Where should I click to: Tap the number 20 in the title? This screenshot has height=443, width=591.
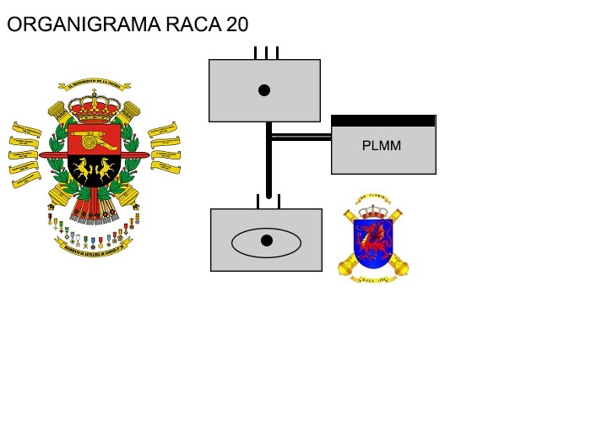(237, 24)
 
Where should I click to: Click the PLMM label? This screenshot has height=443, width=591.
(382, 145)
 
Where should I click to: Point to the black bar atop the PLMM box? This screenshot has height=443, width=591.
(383, 121)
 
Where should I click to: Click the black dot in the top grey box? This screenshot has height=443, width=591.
(264, 90)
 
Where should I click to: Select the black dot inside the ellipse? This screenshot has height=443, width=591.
(267, 240)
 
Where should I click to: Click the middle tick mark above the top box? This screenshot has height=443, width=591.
(266, 53)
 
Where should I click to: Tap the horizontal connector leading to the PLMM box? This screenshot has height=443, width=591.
(301, 137)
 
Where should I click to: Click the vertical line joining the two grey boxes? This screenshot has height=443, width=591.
(268, 165)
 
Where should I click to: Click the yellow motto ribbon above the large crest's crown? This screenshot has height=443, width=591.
(94, 85)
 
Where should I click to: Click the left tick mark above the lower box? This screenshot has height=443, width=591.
(258, 203)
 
